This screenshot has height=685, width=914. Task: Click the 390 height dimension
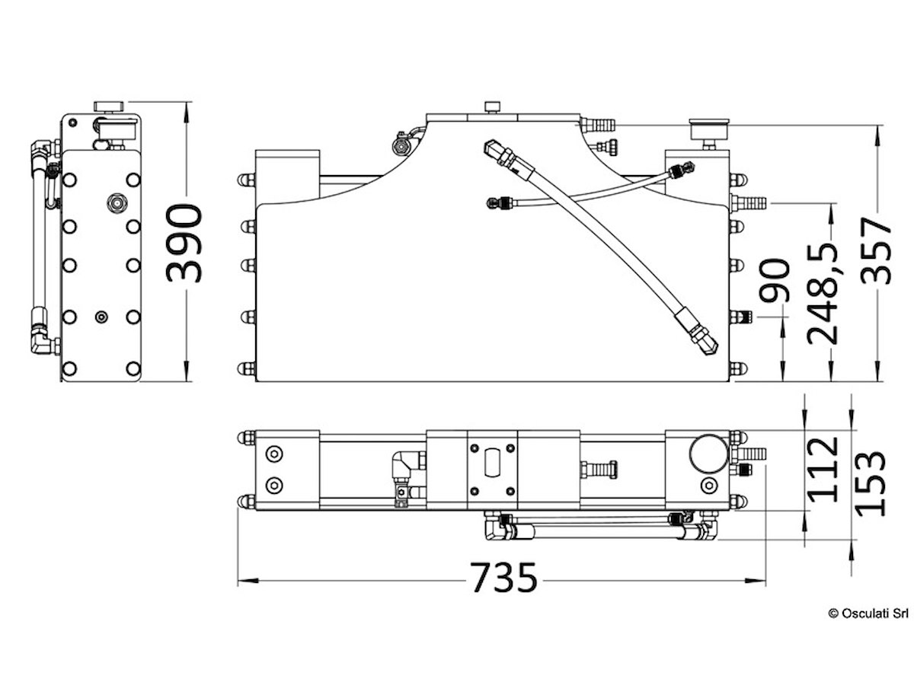(x=185, y=243)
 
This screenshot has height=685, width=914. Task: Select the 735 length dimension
(x=503, y=578)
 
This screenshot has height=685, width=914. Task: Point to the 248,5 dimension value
(x=824, y=293)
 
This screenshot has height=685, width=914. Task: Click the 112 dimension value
(x=823, y=469)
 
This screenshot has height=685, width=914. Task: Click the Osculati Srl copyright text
(x=868, y=613)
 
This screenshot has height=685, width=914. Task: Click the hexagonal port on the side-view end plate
(x=117, y=202)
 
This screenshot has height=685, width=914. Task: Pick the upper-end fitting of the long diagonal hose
(x=500, y=155)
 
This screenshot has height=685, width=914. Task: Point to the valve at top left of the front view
(x=400, y=142)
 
